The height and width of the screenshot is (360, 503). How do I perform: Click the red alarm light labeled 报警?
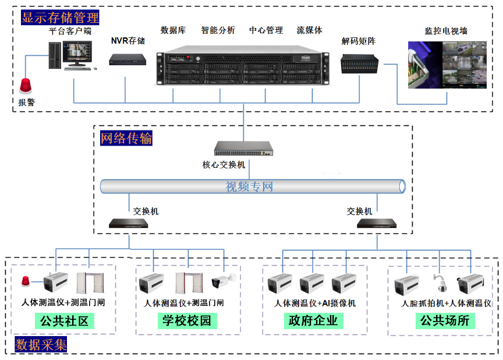pyautogui.click(x=26, y=86)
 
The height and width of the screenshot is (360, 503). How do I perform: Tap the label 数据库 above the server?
pyautogui.click(x=173, y=30)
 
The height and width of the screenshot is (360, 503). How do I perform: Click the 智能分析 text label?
pyautogui.click(x=218, y=30)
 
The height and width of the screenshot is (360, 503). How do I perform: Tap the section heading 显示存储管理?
pyautogui.click(x=60, y=17)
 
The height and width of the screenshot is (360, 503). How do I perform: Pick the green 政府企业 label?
pyautogui.click(x=313, y=320)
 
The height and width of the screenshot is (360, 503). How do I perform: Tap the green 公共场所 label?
pyautogui.click(x=445, y=320)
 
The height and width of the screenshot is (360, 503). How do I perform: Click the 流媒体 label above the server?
pyautogui.click(x=309, y=30)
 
